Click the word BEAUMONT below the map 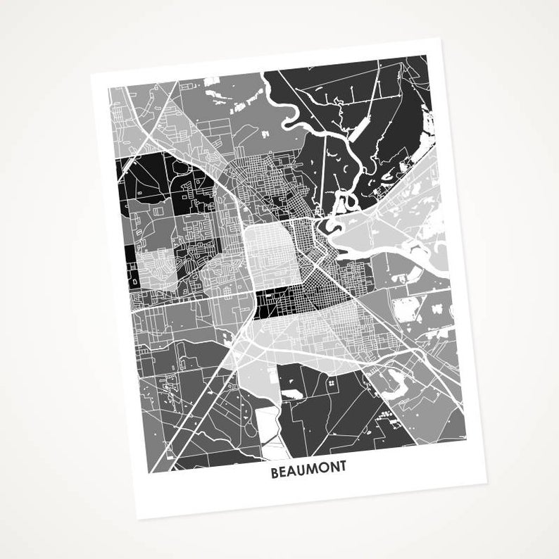coord(308,473)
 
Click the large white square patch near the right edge coord(406,309)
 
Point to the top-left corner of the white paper coord(91,72)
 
